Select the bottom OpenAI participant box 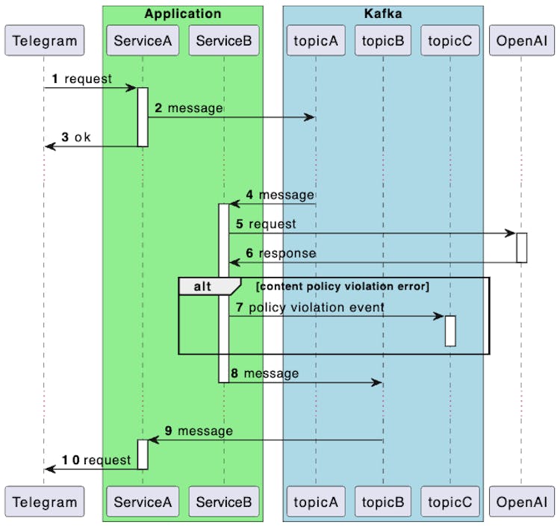(x=521, y=502)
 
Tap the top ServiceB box (x=223, y=40)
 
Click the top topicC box (x=450, y=40)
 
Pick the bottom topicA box (x=315, y=502)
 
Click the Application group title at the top (x=182, y=13)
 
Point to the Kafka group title (x=382, y=13)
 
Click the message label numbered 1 (x=82, y=78)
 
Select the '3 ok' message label (x=75, y=137)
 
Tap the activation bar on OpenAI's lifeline (x=522, y=248)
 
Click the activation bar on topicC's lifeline (x=450, y=331)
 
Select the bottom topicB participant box (x=382, y=502)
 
